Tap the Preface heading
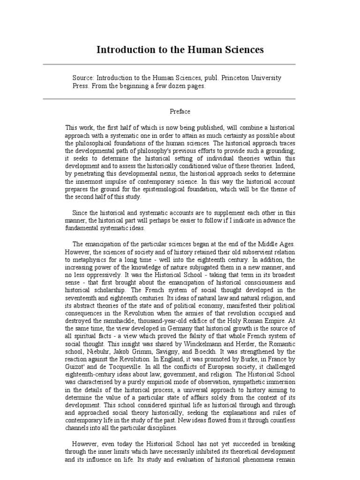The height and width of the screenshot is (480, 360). point(180,112)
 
